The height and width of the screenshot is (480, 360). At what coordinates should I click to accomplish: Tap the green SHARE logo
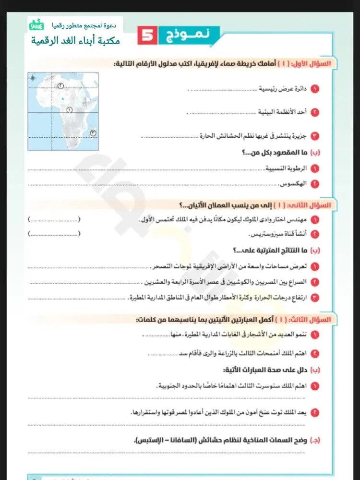[36, 24]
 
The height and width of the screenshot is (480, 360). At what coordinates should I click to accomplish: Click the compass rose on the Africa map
[33, 78]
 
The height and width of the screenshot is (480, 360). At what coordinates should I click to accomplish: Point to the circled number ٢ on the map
[61, 85]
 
